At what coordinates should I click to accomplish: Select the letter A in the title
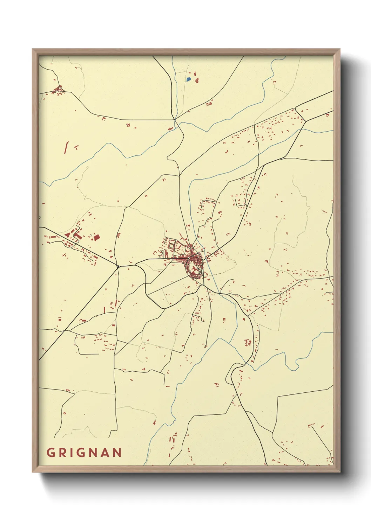tap(105, 453)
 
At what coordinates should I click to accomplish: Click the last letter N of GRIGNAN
tap(117, 453)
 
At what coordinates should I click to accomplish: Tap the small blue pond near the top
tap(189, 79)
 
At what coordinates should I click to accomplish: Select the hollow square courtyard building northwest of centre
tap(171, 246)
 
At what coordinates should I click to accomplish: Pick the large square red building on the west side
tap(96, 238)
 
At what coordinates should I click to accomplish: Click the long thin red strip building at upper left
tap(66, 147)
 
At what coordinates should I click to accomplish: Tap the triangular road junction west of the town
tap(118, 267)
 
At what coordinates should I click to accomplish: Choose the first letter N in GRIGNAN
tap(93, 453)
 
